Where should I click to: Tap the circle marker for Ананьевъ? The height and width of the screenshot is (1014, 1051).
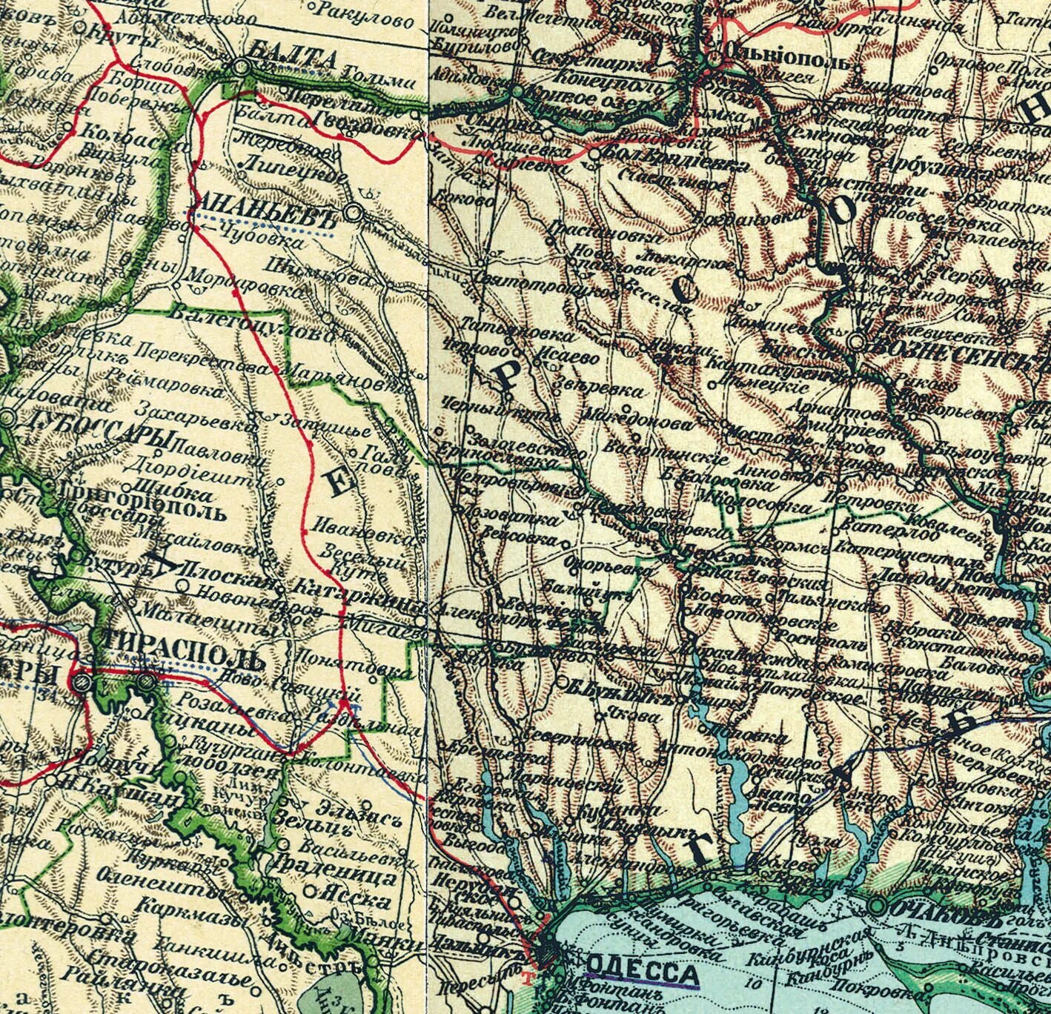(x=354, y=213)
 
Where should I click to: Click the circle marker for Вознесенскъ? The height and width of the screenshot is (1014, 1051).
(x=857, y=342)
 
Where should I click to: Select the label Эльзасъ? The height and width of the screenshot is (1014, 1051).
(x=354, y=806)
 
